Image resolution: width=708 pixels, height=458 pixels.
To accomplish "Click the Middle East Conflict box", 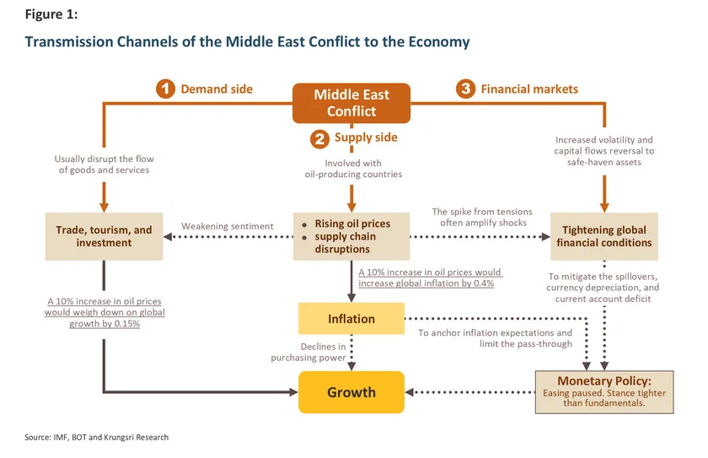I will tap(351, 103).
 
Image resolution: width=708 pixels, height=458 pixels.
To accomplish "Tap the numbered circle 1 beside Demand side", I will tap(166, 89).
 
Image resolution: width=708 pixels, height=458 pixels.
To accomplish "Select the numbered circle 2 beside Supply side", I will tap(319, 138).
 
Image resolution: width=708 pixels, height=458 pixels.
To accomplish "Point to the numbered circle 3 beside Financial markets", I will tap(466, 89).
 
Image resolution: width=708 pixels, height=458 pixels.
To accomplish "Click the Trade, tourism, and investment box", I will tap(104, 236).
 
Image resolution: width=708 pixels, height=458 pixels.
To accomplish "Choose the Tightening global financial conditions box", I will tap(603, 236).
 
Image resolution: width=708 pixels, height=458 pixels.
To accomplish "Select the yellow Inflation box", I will tap(351, 319).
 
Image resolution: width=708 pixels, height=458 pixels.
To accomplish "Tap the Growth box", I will tap(351, 392).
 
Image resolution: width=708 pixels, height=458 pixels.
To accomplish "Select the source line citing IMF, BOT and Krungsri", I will tap(97, 437).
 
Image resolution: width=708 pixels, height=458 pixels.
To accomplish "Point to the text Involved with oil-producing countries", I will tap(351, 169).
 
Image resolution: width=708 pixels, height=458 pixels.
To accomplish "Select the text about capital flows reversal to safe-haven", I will tap(603, 151).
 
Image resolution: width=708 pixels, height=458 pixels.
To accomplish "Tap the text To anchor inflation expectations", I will tap(495, 338).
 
